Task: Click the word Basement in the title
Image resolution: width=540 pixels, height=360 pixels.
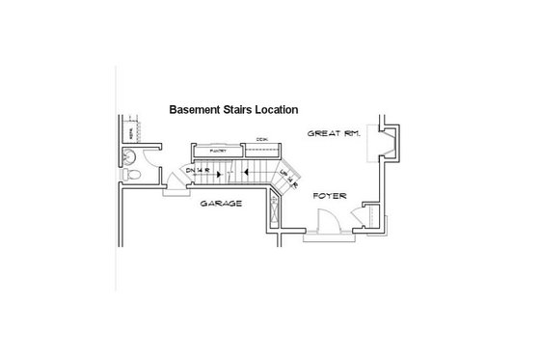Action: (195, 110)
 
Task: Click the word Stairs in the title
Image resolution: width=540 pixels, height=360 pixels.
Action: (239, 110)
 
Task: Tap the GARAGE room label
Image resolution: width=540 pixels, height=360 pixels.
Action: (221, 205)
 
